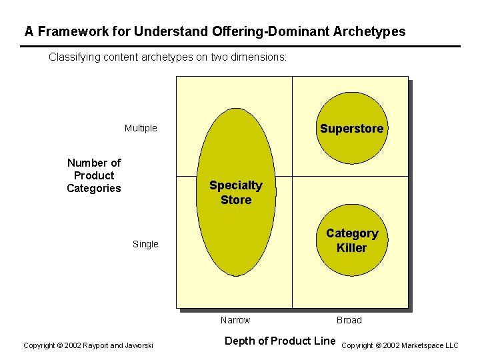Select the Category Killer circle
point(351,241)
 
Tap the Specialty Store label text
point(236,193)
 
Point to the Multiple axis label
point(141,128)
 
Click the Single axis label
point(145,244)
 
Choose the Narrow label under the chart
point(235,320)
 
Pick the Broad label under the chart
point(349,320)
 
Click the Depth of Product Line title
point(280,341)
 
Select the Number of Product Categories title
point(94,175)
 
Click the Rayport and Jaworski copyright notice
point(88,345)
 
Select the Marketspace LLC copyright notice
point(400,345)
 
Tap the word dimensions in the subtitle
point(261,57)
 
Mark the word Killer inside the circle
point(351,248)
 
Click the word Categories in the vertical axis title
point(94,188)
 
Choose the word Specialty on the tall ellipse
point(236,185)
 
